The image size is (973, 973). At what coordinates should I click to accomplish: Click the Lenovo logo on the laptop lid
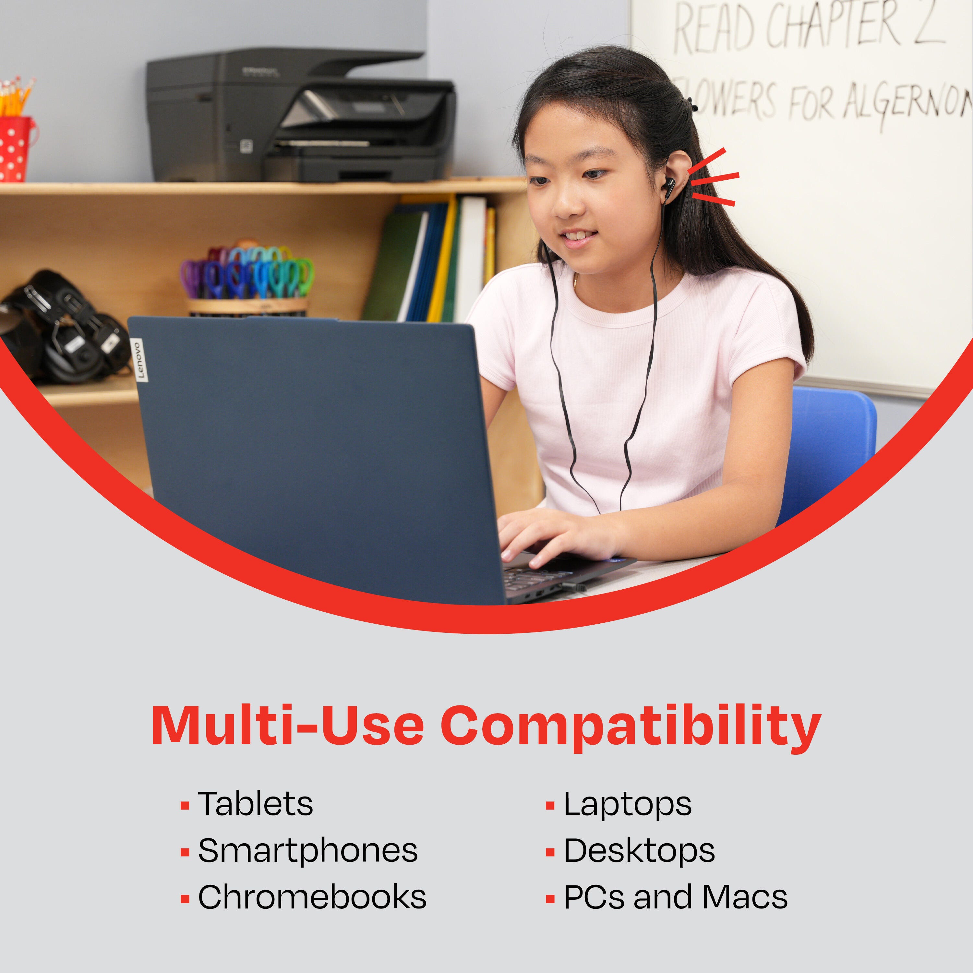[139, 360]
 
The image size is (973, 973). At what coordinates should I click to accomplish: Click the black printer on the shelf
[301, 115]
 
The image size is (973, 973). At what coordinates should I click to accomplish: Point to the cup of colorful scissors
[247, 280]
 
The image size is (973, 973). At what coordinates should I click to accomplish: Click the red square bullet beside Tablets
[185, 806]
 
